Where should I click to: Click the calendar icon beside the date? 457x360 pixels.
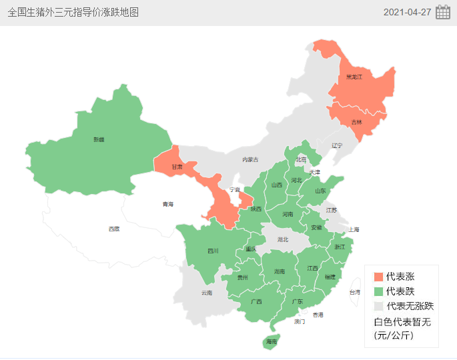tap(443, 12)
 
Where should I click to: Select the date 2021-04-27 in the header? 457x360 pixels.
tap(407, 12)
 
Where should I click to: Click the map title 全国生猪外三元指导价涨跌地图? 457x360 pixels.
tap(73, 12)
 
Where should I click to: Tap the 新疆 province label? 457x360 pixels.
tap(99, 139)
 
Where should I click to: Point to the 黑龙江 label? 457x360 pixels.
tap(354, 77)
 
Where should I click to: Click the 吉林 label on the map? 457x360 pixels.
tap(356, 122)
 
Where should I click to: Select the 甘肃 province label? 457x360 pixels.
tap(176, 167)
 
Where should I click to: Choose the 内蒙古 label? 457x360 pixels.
tap(250, 159)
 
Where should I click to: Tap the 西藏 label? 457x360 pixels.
tap(114, 229)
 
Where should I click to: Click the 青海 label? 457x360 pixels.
tap(167, 204)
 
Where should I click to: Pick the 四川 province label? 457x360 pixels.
tap(213, 251)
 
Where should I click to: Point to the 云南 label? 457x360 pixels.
tap(206, 293)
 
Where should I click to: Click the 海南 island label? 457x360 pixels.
tap(271, 341)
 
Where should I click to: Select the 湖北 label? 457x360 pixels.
tap(283, 239)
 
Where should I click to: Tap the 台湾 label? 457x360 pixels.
tap(355, 292)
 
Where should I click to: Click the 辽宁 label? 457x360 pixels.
tap(337, 145)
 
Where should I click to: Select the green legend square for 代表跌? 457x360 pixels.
tap(379, 291)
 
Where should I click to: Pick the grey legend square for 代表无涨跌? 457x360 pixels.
tap(379, 306)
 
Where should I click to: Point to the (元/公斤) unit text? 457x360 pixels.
tap(394, 335)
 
